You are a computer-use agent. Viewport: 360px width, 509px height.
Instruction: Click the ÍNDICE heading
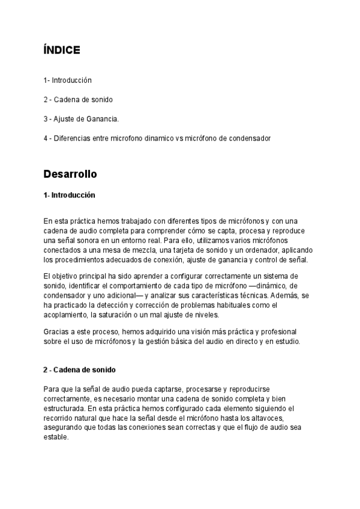click(62, 50)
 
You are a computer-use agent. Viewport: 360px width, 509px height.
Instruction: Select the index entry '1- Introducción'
click(67, 80)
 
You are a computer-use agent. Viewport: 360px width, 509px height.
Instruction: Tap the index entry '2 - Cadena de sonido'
click(78, 99)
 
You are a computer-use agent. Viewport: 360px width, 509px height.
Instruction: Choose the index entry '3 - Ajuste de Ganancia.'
click(81, 119)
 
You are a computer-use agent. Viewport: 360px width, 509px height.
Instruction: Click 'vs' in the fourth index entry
click(179, 138)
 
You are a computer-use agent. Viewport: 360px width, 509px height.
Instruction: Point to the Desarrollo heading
click(70, 174)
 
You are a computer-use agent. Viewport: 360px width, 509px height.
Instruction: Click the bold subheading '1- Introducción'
click(69, 195)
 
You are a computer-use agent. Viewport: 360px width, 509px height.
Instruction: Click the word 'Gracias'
click(56, 332)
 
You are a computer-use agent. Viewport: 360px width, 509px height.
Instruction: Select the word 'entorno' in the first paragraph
click(137, 240)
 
